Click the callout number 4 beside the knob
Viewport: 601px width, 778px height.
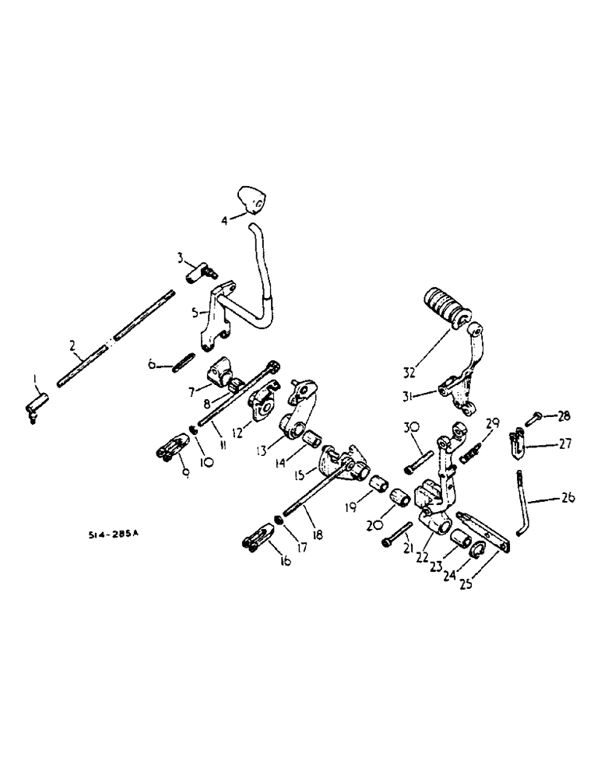click(224, 220)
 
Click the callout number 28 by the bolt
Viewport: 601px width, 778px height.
click(564, 416)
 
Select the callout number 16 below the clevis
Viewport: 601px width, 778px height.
click(285, 559)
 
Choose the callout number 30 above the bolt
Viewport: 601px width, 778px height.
click(411, 427)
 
